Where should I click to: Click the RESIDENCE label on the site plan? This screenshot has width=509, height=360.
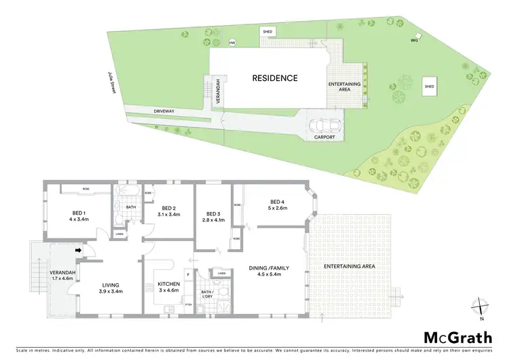coord(275,78)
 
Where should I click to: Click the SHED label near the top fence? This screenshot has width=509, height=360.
coord(268,31)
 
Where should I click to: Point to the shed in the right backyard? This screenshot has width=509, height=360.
coord(429,87)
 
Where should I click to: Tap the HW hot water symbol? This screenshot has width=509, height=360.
coord(233,43)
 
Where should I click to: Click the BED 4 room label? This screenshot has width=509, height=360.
coord(276,202)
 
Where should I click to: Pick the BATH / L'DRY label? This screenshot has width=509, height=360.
coord(206,294)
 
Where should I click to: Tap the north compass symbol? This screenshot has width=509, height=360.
coord(481,308)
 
